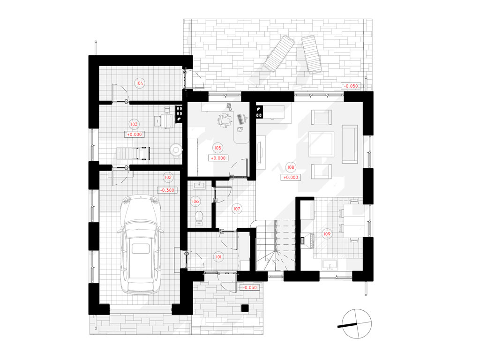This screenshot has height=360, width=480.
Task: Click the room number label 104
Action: (x=140, y=83)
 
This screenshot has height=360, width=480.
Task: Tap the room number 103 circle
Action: (x=134, y=124)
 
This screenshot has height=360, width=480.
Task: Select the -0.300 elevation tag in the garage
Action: (x=167, y=190)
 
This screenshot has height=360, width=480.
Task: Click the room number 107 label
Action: (x=237, y=209)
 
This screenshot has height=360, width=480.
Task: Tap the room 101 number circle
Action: (x=218, y=257)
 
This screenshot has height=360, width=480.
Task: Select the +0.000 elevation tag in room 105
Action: (x=218, y=158)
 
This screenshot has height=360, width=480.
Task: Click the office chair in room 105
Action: (x=225, y=120)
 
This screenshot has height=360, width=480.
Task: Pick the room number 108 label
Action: (x=291, y=167)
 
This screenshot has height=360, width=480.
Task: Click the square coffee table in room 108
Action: (x=321, y=144)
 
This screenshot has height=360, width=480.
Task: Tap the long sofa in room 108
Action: (x=350, y=144)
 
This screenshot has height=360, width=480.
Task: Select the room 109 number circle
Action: (x=327, y=234)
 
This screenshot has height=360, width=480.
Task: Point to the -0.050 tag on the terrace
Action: (x=351, y=86)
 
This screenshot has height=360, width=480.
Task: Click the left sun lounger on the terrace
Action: (x=279, y=53)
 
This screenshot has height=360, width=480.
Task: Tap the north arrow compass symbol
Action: (x=357, y=324)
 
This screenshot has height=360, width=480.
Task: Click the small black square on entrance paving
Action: (x=245, y=308)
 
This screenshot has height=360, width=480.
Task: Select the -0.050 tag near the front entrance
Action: (x=250, y=288)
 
